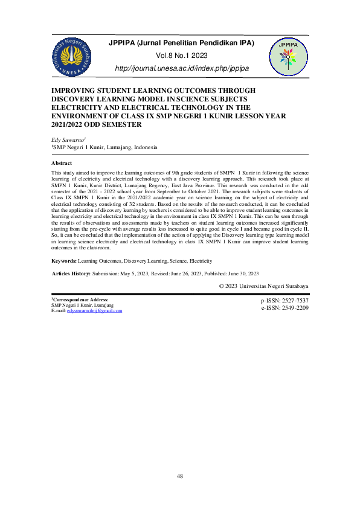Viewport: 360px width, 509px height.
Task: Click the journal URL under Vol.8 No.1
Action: [x=181, y=69]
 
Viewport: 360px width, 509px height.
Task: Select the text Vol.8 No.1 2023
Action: [x=181, y=56]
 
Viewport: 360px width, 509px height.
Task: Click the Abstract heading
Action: [x=62, y=164]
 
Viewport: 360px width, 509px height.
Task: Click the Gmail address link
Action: [x=95, y=310]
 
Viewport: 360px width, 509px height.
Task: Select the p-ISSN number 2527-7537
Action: [x=294, y=300]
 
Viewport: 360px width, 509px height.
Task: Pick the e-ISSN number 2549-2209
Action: [x=294, y=307]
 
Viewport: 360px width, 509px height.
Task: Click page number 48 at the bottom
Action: [x=180, y=477]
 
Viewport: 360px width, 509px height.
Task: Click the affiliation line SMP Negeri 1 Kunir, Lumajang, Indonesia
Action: [x=104, y=147]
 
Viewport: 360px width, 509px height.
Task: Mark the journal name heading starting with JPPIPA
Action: [x=181, y=43]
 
